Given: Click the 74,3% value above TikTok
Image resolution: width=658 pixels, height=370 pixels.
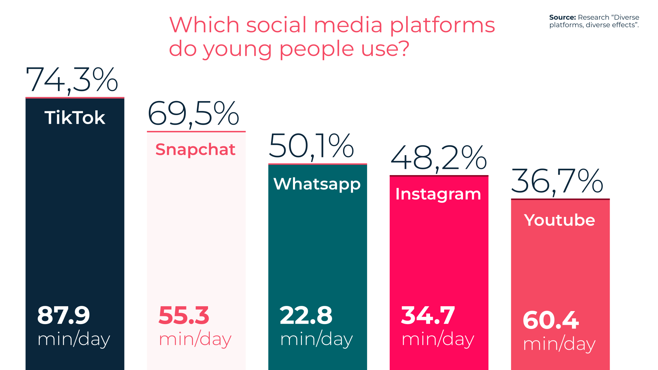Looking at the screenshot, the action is coord(72,80).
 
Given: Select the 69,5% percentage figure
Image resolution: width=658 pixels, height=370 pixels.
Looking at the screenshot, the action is coord(193,114).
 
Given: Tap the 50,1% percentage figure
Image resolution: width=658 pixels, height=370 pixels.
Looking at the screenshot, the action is coord(311,146).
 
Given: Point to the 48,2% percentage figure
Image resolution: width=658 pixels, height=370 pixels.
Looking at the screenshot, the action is coord(439,158).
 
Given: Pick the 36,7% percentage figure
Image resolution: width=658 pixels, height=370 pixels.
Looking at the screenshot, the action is coord(557,181).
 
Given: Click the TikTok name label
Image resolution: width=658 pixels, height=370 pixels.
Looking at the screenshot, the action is coord(75,118).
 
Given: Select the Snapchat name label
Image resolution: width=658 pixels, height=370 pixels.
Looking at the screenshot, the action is coord(195,150).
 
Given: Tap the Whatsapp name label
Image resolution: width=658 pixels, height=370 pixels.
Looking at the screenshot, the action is coord(317,184).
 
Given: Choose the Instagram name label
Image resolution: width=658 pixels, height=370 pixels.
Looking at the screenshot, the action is coord(438,195).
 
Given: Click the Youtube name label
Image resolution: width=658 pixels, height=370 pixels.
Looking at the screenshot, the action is coord(560,220).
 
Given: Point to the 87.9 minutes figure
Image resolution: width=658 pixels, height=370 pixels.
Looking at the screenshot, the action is coord(64,315).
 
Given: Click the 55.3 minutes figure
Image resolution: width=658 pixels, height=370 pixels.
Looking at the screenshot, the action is coord(184,315).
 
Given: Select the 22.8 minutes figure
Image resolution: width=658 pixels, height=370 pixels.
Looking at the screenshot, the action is coord(306,315).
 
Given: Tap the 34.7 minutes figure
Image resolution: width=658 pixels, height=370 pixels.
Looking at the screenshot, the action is coord(428,315).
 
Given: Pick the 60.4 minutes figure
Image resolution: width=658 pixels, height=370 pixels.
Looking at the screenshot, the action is coord(551,320).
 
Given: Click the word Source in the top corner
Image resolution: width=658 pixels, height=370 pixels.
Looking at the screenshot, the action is coord(562,17).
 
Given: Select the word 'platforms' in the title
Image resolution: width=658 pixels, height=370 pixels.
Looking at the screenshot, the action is coord(443,26).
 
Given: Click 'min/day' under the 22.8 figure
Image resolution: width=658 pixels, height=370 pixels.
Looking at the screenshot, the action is coord(317,339).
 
